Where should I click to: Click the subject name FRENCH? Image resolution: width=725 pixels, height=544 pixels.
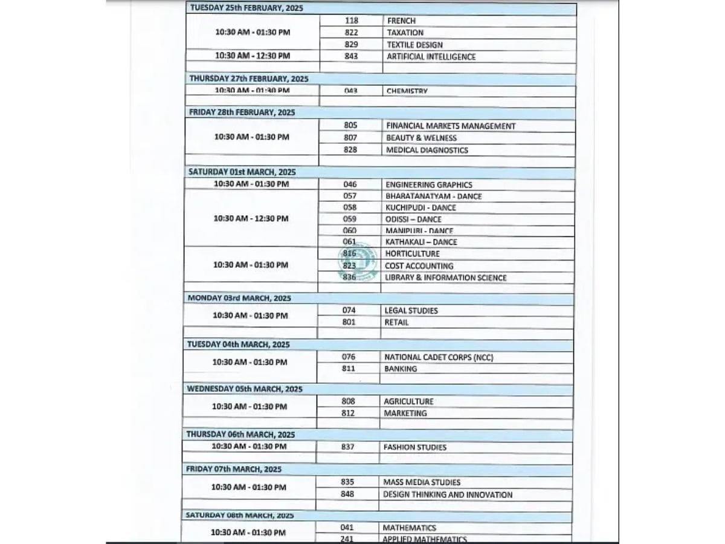[401, 21]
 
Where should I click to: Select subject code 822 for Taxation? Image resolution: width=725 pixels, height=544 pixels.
[351, 33]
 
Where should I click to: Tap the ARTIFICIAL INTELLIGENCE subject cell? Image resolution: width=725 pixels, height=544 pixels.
[431, 57]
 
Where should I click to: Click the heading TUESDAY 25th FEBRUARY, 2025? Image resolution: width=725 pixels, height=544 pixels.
[246, 8]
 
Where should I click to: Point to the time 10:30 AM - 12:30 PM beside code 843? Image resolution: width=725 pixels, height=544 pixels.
[253, 56]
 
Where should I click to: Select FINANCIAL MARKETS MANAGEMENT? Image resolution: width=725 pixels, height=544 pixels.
[451, 126]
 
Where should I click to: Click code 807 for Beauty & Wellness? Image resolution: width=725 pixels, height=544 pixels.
[350, 138]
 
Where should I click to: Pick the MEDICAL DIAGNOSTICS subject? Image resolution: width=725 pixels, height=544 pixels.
[427, 150]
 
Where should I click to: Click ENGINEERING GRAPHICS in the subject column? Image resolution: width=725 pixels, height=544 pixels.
[429, 184]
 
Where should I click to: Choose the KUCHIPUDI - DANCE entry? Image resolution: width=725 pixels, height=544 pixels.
[420, 207]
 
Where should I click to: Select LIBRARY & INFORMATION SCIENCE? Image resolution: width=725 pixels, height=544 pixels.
[446, 277]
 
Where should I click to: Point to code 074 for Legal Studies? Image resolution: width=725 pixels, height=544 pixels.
[349, 310]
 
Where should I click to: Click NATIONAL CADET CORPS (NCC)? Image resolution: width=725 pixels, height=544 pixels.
[439, 357]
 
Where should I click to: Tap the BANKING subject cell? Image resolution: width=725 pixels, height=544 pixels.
[401, 369]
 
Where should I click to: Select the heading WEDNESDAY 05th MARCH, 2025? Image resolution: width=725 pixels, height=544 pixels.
[244, 389]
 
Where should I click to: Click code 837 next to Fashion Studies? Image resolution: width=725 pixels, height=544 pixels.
[348, 447]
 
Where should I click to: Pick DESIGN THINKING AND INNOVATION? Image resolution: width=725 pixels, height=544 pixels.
[448, 494]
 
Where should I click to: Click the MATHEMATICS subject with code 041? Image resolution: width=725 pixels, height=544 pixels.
[409, 528]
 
